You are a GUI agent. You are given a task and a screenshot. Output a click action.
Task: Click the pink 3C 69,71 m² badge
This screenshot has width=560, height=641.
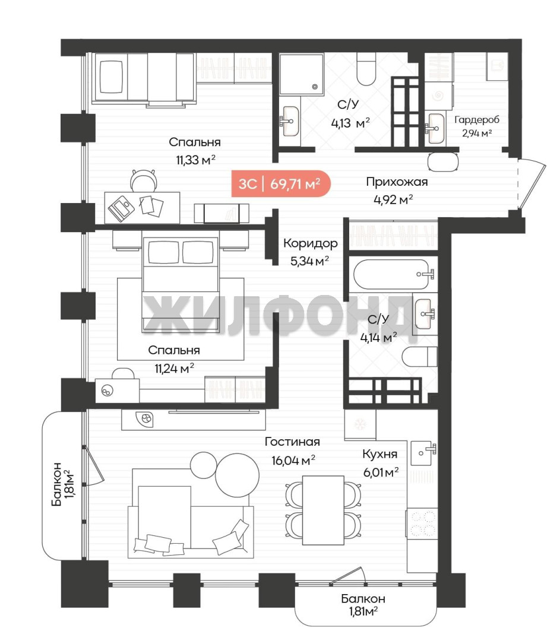(281, 183)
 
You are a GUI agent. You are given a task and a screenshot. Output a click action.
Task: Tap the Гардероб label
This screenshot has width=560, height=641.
(476, 120)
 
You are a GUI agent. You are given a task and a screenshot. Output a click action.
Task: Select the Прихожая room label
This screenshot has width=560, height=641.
(397, 182)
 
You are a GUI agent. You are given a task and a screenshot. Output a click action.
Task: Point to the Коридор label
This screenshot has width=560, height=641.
(311, 243)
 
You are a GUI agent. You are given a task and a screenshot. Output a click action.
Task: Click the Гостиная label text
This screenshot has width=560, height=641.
(292, 442)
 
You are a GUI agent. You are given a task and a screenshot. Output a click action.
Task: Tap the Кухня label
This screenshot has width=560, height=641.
(379, 454)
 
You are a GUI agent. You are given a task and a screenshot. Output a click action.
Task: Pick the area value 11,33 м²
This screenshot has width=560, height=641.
(195, 160)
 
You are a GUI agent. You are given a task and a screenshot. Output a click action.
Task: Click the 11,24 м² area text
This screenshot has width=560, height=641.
(174, 369)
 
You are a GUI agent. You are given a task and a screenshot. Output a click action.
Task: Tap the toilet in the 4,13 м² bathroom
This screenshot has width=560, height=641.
(366, 69)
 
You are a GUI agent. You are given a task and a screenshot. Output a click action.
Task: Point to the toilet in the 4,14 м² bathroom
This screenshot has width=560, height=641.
(420, 357)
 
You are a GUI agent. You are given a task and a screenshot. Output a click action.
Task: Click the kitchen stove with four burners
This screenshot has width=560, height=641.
(422, 523)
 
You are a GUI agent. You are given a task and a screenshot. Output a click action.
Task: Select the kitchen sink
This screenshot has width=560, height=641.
(423, 453)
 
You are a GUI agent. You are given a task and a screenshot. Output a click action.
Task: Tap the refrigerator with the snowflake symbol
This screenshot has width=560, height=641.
(360, 424)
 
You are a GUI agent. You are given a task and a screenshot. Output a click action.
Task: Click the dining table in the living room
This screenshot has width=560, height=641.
(323, 510)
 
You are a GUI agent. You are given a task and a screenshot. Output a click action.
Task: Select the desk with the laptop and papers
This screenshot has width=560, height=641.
(142, 208)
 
